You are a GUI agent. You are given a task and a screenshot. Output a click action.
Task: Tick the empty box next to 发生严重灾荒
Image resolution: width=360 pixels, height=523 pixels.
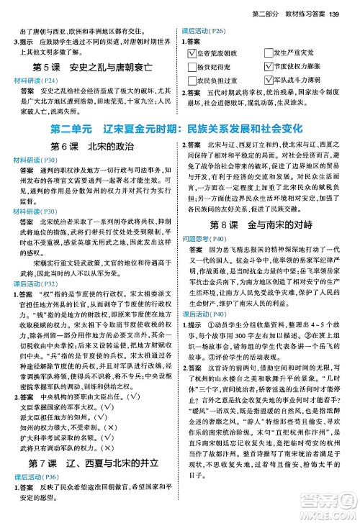(x=269, y=53)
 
